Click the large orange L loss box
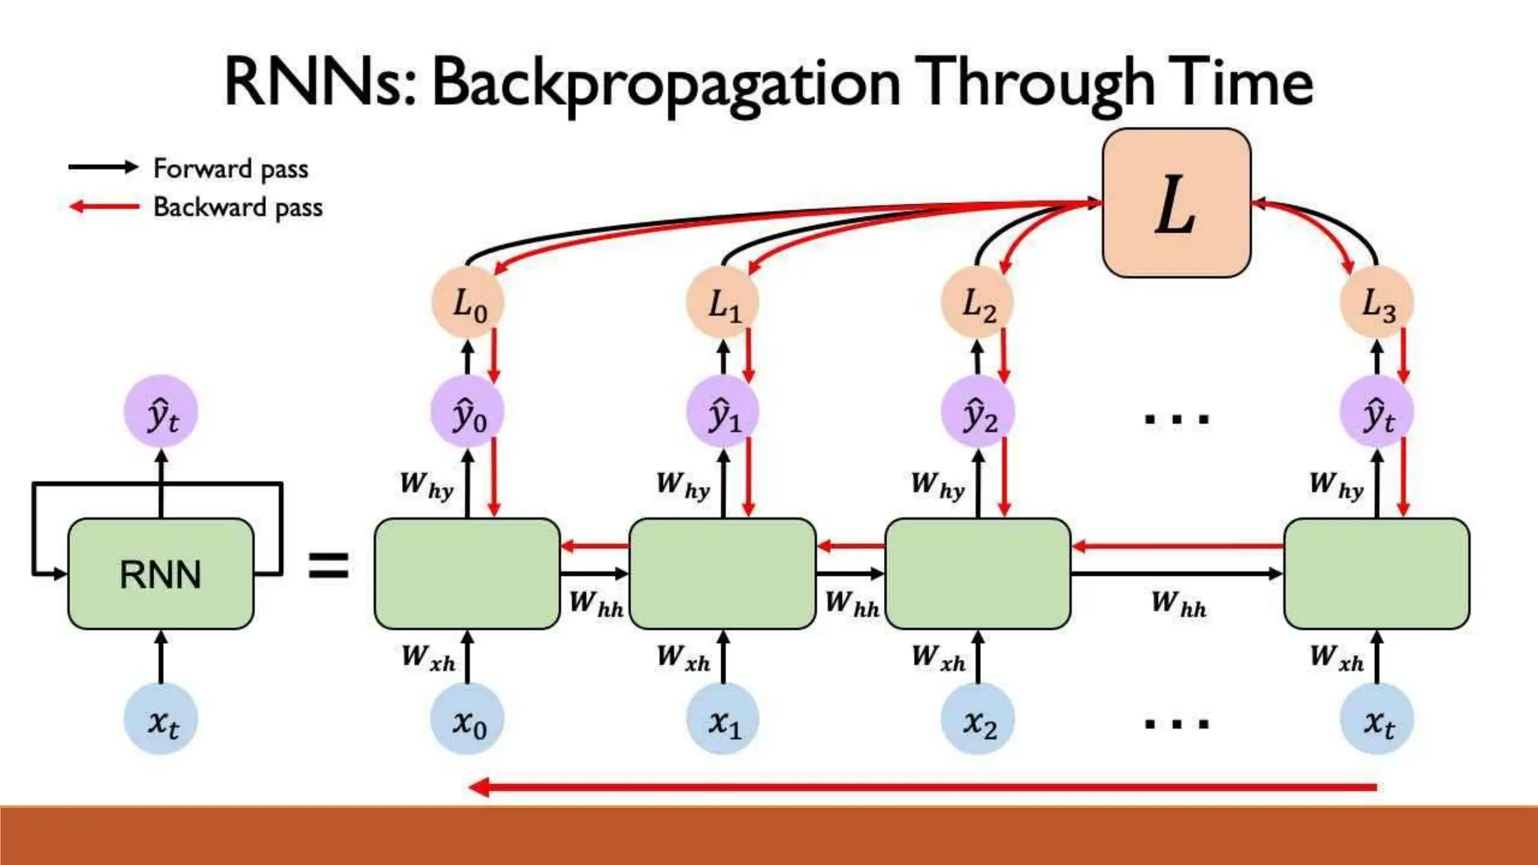(1176, 203)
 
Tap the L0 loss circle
(468, 303)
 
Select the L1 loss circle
(722, 303)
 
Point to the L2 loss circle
(978, 303)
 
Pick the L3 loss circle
(1377, 303)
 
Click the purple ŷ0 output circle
(468, 412)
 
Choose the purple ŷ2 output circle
(978, 412)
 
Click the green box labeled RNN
(161, 574)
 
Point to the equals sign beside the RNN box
(329, 565)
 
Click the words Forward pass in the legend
(231, 168)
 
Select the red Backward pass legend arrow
(104, 206)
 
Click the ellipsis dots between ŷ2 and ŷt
(1176, 419)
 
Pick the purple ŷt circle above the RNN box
(161, 412)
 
